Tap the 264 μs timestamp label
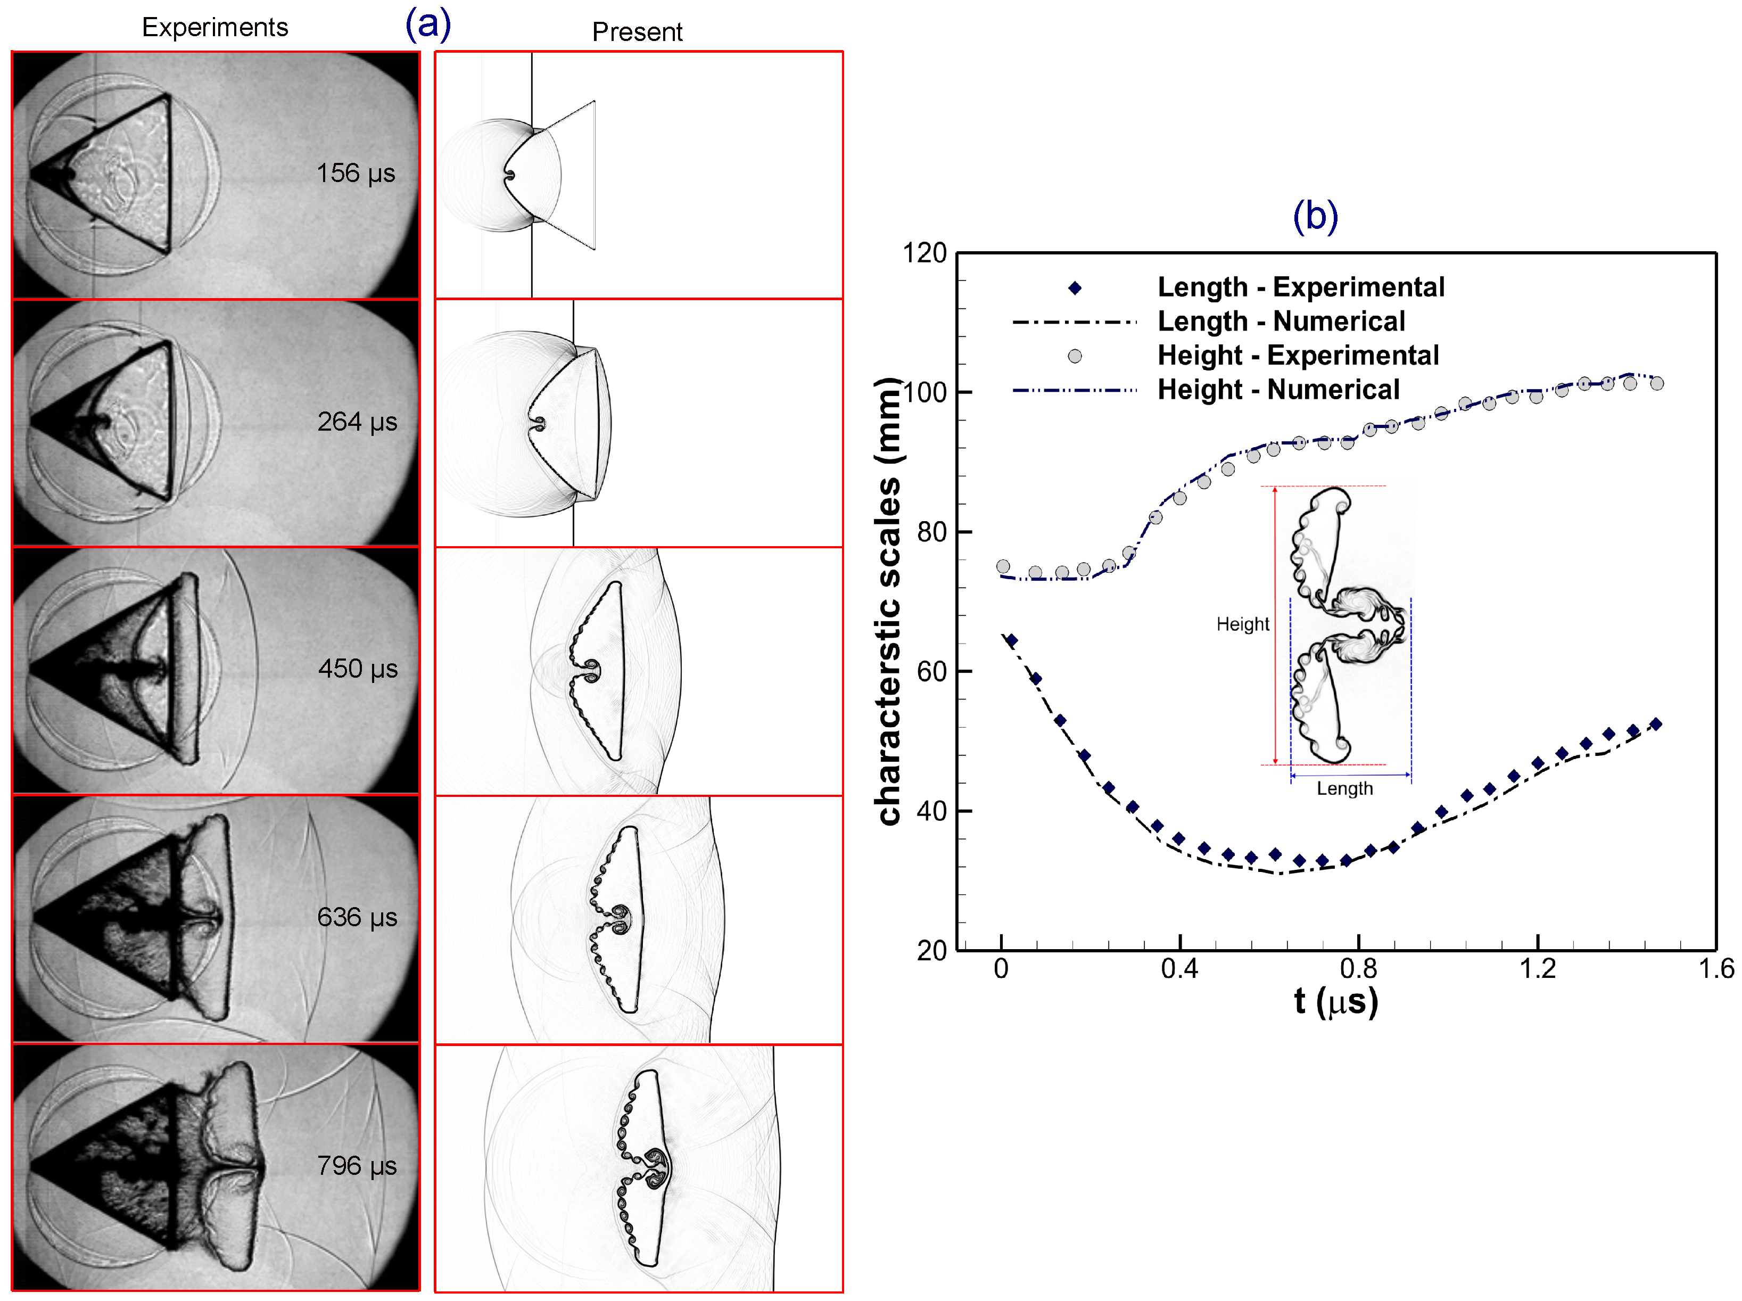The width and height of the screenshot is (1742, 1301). point(357,421)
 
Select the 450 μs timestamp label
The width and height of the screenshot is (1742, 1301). point(357,669)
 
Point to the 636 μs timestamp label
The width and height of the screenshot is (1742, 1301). point(357,917)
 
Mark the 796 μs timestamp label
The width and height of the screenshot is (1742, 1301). point(357,1166)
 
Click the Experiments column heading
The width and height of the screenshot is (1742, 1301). point(215,28)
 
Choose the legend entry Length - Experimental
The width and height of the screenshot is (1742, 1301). point(1300,287)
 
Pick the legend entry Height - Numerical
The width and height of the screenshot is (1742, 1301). point(1278,390)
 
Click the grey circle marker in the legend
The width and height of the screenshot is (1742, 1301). point(1075,356)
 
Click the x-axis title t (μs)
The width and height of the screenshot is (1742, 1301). point(1336,1002)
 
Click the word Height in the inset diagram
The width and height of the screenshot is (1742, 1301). point(1242,624)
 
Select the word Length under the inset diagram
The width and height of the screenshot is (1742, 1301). point(1344,789)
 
